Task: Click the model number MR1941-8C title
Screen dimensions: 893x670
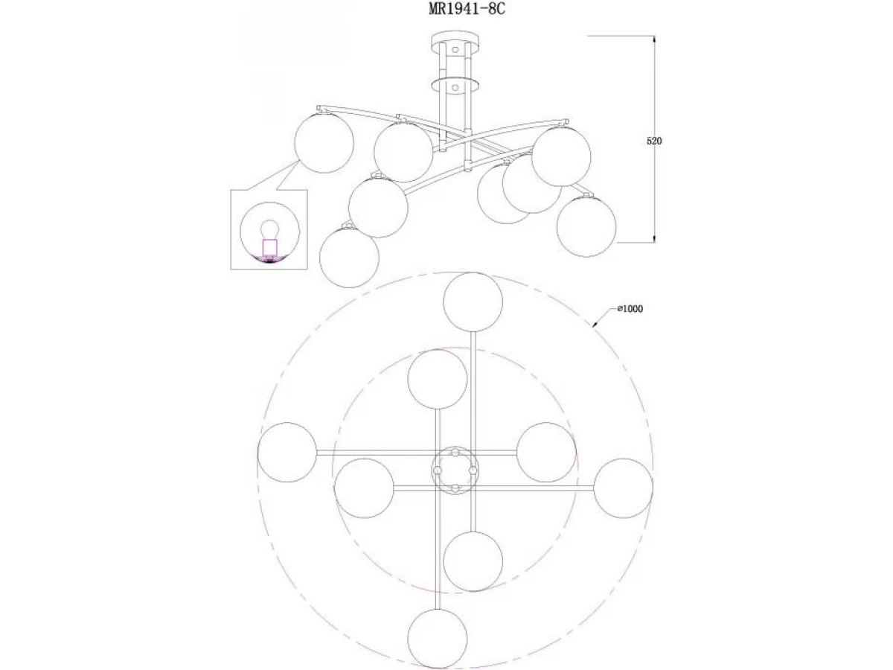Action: point(467,8)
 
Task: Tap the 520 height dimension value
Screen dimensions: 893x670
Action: point(654,141)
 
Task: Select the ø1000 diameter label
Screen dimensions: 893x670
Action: point(630,309)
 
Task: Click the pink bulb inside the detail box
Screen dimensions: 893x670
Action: point(268,229)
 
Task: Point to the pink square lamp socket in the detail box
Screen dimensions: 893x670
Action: point(269,247)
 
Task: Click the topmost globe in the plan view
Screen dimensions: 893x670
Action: point(473,301)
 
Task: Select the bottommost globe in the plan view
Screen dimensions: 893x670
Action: point(438,639)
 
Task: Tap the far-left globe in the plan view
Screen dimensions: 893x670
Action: point(287,453)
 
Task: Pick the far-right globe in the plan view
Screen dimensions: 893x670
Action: point(624,488)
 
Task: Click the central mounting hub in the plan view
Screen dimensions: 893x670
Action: point(455,470)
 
